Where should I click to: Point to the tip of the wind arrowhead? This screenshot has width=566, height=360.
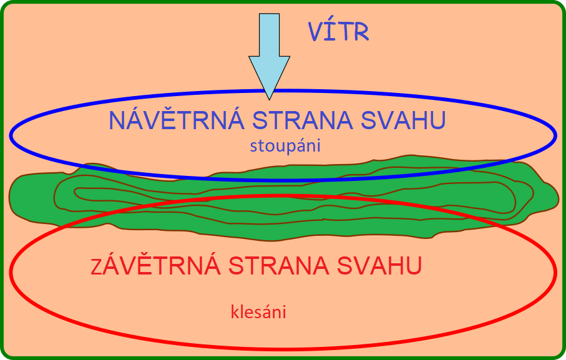point(270,100)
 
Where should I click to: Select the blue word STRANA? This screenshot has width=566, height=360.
point(303,120)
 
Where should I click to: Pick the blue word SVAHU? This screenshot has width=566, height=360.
point(404,120)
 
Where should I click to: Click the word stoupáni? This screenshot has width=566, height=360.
point(285,146)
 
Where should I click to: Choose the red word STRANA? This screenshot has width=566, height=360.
point(279,266)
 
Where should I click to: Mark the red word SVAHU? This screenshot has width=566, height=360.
point(379,266)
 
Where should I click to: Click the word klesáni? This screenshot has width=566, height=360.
point(258,312)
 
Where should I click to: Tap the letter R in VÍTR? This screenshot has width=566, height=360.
point(361,32)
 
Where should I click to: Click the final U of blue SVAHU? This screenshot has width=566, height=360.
point(438,120)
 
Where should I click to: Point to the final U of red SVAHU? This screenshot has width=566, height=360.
point(414,266)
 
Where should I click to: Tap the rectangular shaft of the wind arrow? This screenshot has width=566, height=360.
point(270,35)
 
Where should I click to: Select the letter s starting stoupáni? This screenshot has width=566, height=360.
point(253,147)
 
